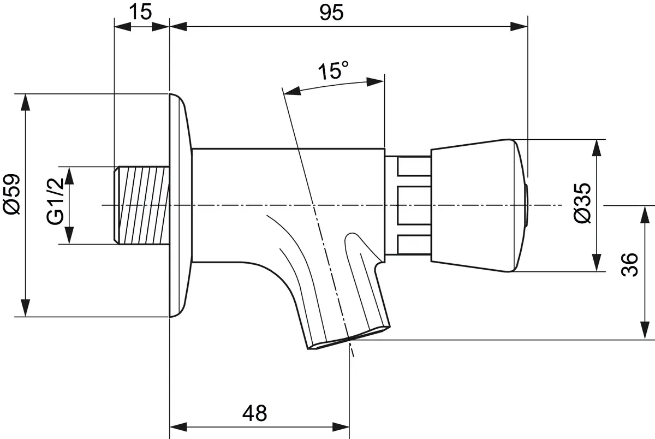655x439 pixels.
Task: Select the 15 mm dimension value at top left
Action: pos(141,12)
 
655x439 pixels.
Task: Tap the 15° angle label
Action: pos(334,71)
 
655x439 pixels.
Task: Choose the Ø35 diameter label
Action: pos(582,203)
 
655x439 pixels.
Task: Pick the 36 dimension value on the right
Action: pos(630,265)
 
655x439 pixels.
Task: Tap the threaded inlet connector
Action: pos(143,205)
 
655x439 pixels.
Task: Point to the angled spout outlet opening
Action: pos(349,339)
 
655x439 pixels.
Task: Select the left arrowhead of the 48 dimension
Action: pos(178,426)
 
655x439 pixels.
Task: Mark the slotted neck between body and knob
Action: pos(408,205)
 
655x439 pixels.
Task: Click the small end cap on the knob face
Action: pos(526,205)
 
